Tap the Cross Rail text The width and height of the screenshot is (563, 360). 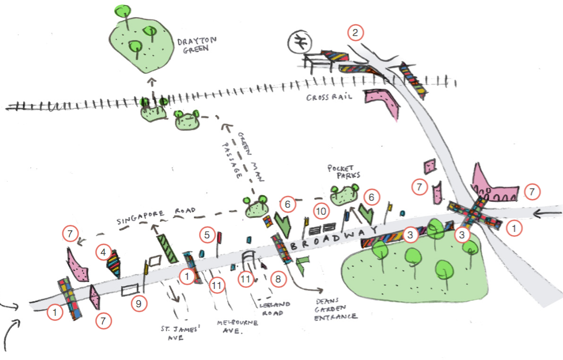329,97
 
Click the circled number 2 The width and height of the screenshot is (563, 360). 355,33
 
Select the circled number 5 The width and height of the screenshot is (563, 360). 207,235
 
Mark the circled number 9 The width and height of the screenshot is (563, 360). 139,304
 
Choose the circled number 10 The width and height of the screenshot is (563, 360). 321,212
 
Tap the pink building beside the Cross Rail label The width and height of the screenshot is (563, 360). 385,102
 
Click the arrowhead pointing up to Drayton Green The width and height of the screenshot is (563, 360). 151,82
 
